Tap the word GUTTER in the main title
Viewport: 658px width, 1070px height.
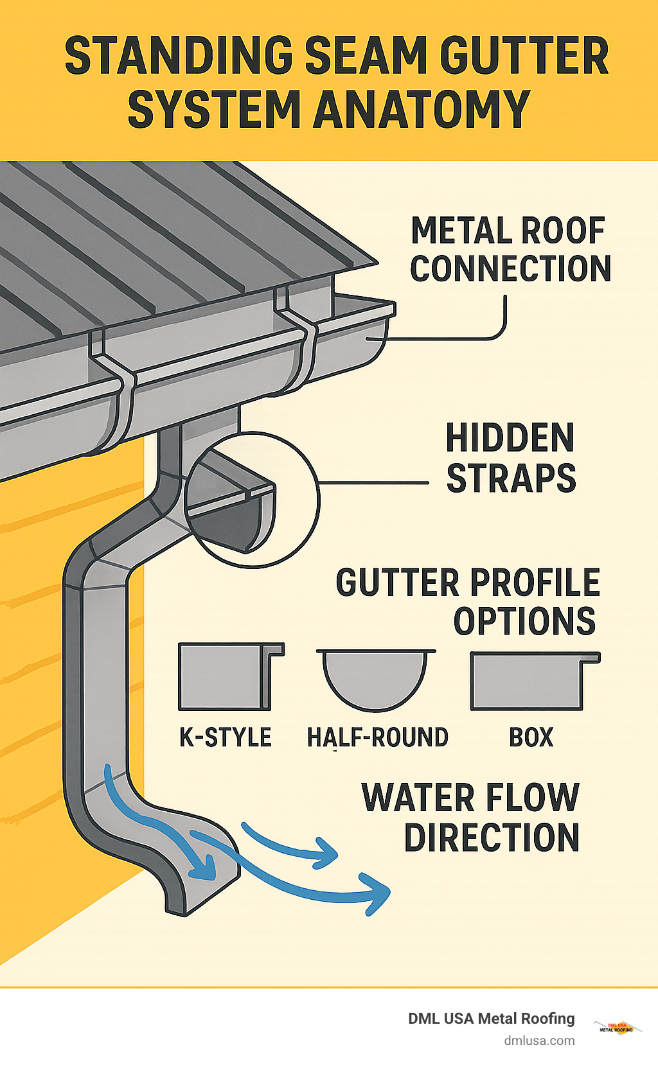tap(524, 57)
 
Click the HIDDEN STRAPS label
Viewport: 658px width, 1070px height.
tap(510, 458)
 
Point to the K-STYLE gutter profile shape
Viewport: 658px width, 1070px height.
tap(230, 677)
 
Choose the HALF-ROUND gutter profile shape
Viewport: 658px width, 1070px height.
tap(375, 678)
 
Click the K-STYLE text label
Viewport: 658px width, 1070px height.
tap(226, 737)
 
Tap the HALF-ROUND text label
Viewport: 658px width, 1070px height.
tap(377, 737)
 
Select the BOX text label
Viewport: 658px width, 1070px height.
tap(531, 737)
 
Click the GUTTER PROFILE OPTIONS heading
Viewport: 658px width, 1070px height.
tap(468, 602)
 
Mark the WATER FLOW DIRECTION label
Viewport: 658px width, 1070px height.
tap(471, 817)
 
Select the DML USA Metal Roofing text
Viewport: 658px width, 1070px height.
tap(491, 1019)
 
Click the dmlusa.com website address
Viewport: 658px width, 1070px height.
tap(538, 1040)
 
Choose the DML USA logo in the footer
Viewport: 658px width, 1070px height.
tap(617, 1027)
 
